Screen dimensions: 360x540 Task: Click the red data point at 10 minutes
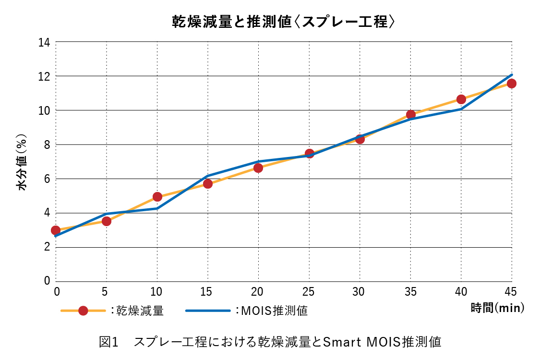pyautogui.click(x=157, y=197)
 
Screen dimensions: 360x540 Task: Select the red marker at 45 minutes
pyautogui.click(x=511, y=84)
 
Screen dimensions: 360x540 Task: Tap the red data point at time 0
pyautogui.click(x=56, y=230)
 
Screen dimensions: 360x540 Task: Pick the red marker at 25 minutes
pyautogui.click(x=309, y=154)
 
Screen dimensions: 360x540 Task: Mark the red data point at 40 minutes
pyautogui.click(x=461, y=99)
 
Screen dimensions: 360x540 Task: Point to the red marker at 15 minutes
pyautogui.click(x=208, y=183)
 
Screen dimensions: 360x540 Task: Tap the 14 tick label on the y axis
pyautogui.click(x=44, y=42)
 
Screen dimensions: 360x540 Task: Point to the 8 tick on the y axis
pyautogui.click(x=47, y=144)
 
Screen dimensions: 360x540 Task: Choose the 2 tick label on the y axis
pyautogui.click(x=47, y=247)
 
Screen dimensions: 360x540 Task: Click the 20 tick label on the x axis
pyautogui.click(x=258, y=291)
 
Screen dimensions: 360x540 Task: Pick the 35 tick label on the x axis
pyautogui.click(x=410, y=291)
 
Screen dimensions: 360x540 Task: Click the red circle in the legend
pyautogui.click(x=83, y=311)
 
